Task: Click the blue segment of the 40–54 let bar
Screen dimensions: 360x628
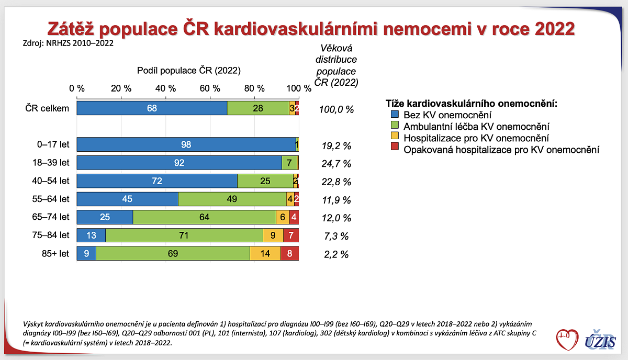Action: click(x=157, y=181)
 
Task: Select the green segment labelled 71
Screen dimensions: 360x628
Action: click(x=184, y=235)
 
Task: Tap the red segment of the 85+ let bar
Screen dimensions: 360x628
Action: click(x=289, y=254)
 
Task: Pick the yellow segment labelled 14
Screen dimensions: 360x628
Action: click(x=265, y=254)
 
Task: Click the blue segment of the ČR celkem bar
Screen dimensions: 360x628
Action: click(x=152, y=108)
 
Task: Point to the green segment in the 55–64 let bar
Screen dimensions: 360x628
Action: click(x=232, y=199)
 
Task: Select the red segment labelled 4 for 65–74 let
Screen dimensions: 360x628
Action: click(x=294, y=217)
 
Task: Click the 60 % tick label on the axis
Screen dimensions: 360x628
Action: click(x=210, y=88)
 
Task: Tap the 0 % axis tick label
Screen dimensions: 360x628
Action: click(x=77, y=88)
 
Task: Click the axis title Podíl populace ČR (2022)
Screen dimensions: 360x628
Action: click(x=188, y=70)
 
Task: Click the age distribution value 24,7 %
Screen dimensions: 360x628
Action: click(x=336, y=164)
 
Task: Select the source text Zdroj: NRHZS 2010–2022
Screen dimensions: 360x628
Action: click(x=68, y=43)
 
